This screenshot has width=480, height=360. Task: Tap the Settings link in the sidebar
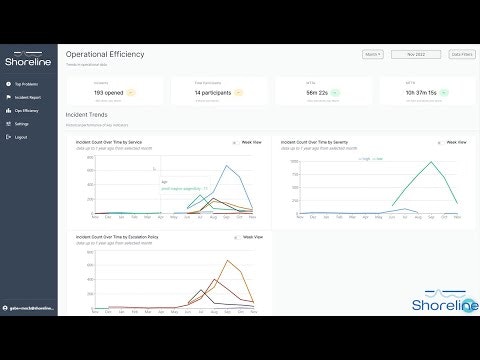(x=22, y=124)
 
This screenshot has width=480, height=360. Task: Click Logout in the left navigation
(x=21, y=135)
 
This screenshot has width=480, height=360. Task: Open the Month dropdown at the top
(x=372, y=55)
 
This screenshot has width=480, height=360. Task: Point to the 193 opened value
(x=107, y=93)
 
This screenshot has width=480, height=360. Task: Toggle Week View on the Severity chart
(x=456, y=142)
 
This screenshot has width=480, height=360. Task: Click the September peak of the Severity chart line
(x=434, y=161)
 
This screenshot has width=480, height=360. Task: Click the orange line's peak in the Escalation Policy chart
(x=231, y=262)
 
